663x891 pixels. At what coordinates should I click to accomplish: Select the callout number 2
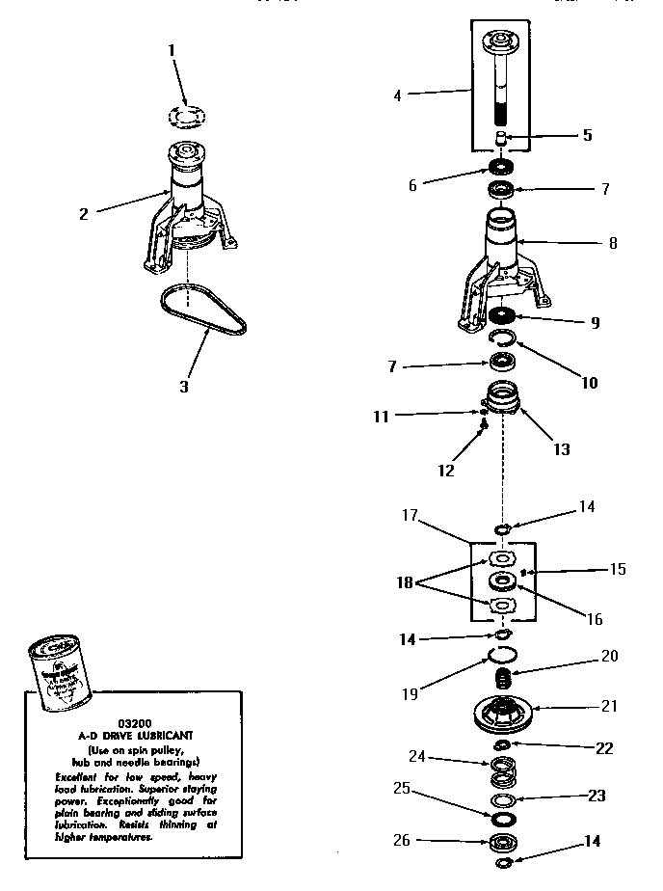[x=84, y=214]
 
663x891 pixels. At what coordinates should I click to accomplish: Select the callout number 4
[x=397, y=94]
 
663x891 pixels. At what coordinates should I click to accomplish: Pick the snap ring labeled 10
[x=502, y=338]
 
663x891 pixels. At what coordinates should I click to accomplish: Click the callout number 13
[x=560, y=449]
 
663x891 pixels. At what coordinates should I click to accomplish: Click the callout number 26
[x=402, y=841]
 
